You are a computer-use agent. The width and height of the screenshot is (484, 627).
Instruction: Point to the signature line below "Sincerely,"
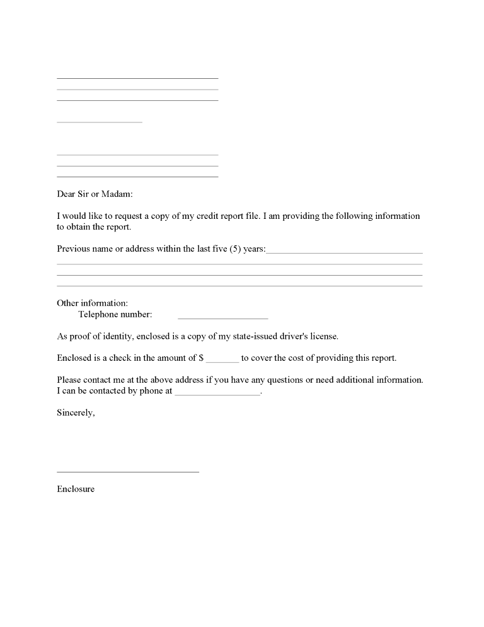(127, 470)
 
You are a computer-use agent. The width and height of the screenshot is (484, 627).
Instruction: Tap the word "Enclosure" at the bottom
(76, 489)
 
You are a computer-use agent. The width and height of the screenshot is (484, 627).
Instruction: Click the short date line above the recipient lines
(99, 121)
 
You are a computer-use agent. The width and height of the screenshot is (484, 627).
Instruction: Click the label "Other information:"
(92, 303)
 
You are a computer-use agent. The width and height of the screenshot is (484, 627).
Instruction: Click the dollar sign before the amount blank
(201, 358)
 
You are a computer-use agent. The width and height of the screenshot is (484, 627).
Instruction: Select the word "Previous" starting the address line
(73, 249)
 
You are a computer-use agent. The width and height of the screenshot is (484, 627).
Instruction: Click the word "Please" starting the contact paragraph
(69, 380)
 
